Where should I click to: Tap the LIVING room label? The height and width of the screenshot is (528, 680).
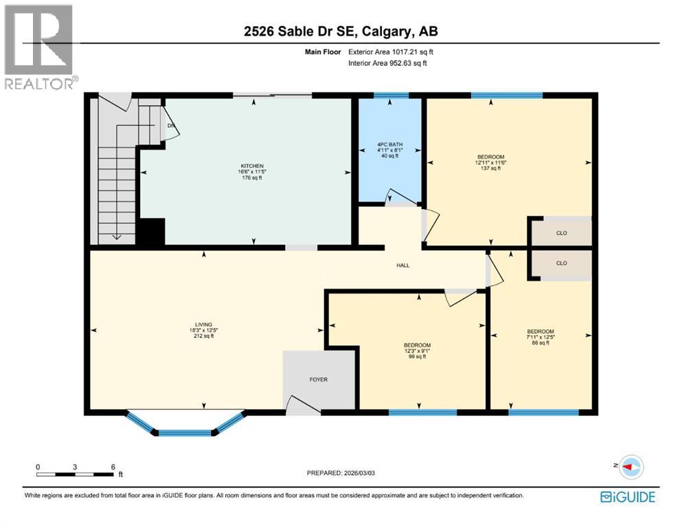click(203, 324)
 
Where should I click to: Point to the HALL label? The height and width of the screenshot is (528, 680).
click(403, 265)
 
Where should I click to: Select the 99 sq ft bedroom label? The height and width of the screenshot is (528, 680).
click(417, 345)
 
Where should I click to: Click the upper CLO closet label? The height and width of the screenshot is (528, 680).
click(561, 233)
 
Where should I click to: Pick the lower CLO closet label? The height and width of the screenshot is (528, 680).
click(561, 263)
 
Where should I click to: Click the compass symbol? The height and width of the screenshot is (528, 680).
click(630, 467)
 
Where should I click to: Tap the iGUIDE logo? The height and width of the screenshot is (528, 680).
click(627, 496)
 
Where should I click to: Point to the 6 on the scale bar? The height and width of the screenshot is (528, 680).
click(113, 466)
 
